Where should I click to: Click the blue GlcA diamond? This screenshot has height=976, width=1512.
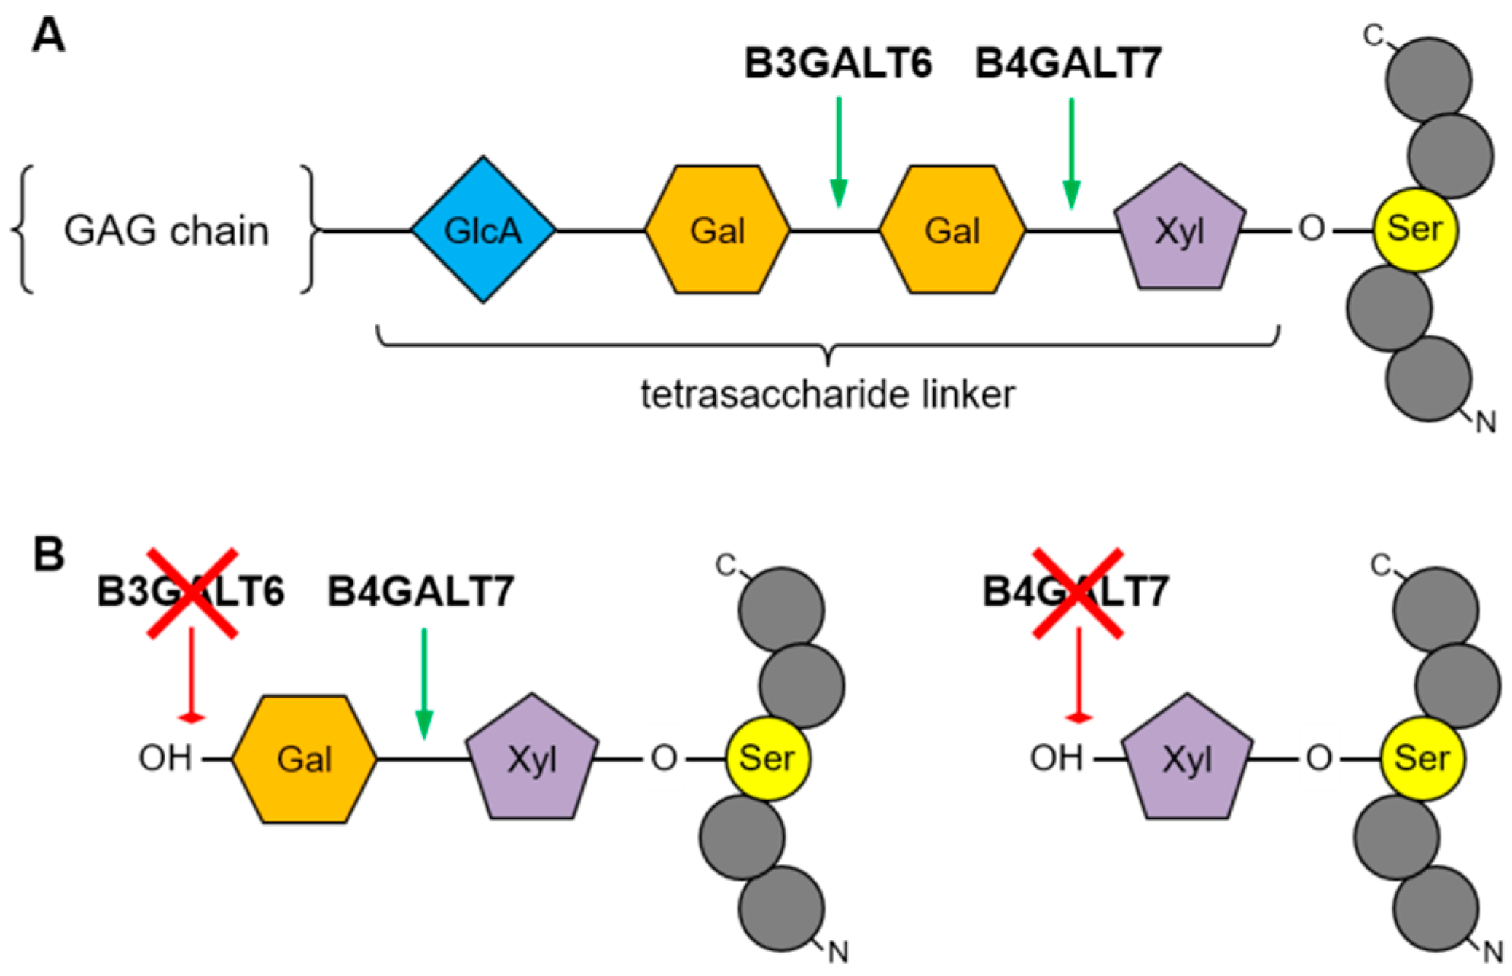(x=483, y=230)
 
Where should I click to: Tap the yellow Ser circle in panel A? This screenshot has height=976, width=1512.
(x=1414, y=230)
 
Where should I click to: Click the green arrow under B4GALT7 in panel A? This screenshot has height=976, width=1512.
(x=1070, y=153)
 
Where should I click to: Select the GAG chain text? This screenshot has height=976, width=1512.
(x=166, y=231)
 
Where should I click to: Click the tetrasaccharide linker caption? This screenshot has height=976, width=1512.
(x=827, y=394)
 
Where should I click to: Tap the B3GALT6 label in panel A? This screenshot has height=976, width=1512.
(x=838, y=63)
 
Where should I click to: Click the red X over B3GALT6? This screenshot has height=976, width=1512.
(x=192, y=593)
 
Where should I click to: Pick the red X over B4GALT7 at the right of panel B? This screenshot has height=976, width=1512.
(x=1078, y=593)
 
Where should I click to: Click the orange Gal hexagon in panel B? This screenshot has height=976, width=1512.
(x=305, y=759)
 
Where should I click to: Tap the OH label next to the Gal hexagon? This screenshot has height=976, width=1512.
(x=165, y=758)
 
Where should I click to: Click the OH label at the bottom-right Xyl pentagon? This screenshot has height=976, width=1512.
(x=1056, y=758)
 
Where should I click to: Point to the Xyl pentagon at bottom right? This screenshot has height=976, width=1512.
(x=1187, y=760)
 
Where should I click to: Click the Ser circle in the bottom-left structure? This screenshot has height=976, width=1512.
(x=767, y=758)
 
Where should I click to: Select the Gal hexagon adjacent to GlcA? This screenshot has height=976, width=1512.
(x=717, y=230)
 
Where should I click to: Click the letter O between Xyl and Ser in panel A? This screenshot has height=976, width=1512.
(x=1312, y=229)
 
